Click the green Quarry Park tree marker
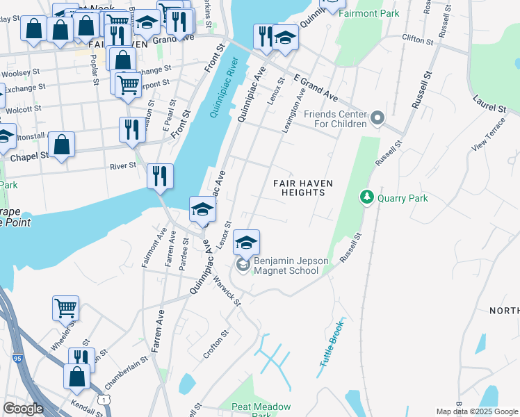366,198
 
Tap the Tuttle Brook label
332,344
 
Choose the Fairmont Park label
368,13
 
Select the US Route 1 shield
104,399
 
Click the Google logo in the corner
23,409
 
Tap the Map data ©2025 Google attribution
477,411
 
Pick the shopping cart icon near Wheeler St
65,307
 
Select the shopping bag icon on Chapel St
62,145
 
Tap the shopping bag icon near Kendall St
76,376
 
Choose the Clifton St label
418,40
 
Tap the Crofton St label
216,344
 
